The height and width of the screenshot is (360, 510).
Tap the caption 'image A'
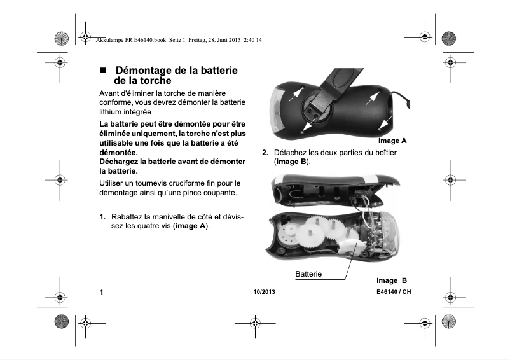point(392,140)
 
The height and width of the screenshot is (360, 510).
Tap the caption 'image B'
point(391,280)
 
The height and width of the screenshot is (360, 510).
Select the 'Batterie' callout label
point(308,274)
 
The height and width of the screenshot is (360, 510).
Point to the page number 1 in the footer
point(101,293)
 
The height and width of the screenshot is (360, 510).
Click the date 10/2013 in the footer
point(262,293)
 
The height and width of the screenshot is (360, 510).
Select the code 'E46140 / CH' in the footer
point(393,293)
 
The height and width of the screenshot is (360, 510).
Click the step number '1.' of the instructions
point(102,217)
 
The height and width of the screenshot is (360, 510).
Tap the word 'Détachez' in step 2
point(291,153)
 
